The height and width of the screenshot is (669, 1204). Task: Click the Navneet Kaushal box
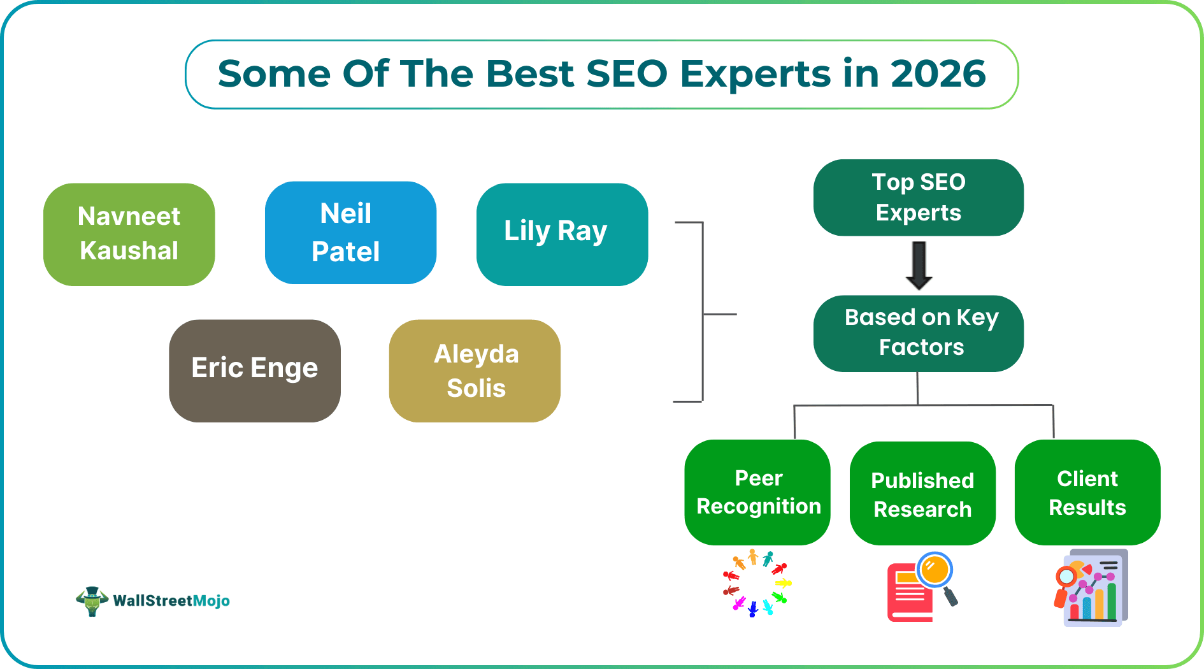pyautogui.click(x=129, y=234)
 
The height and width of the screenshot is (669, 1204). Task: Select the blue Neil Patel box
pyautogui.click(x=350, y=233)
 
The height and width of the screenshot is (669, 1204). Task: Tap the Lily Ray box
pyautogui.click(x=561, y=234)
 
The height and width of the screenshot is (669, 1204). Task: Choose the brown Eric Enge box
pyautogui.click(x=254, y=370)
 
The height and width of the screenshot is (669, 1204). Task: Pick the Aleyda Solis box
pyautogui.click(x=475, y=370)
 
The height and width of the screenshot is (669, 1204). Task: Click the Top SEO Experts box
pyautogui.click(x=918, y=198)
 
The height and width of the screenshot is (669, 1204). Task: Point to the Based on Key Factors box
pyautogui.click(x=918, y=333)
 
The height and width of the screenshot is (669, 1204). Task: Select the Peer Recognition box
pyautogui.click(x=757, y=492)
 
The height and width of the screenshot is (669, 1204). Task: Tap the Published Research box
pyautogui.click(x=922, y=494)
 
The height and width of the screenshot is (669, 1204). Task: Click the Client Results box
pyautogui.click(x=1087, y=492)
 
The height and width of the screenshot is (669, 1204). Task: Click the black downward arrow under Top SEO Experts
pyautogui.click(x=919, y=265)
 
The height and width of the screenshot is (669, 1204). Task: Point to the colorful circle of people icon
pyautogui.click(x=756, y=584)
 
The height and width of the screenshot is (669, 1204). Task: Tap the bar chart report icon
pyautogui.click(x=1091, y=588)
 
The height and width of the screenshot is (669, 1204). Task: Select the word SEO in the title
pyautogui.click(x=626, y=74)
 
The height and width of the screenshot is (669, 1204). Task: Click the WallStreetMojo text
pyautogui.click(x=171, y=601)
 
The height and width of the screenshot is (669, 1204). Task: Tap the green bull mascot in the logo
pyautogui.click(x=92, y=601)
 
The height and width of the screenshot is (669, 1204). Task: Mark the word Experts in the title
pyautogui.click(x=755, y=74)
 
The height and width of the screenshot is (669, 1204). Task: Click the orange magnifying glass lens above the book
pyautogui.click(x=935, y=569)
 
